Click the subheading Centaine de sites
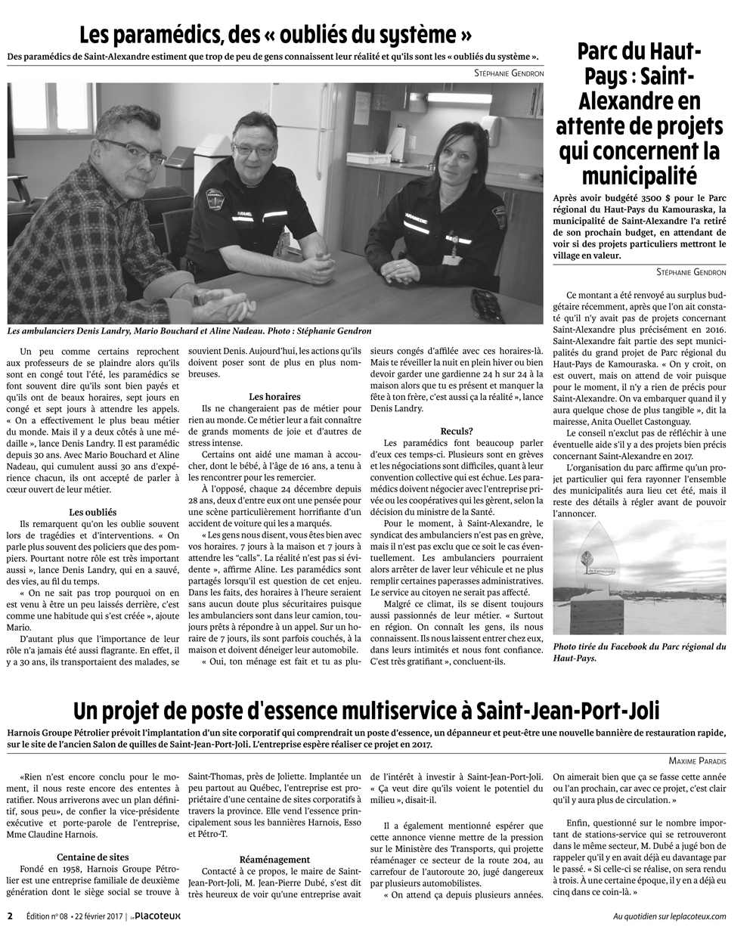coord(92,857)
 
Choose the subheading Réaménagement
coord(274,860)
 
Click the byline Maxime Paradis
coord(697,760)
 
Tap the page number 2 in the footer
coord(11,916)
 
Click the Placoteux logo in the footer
coord(156,916)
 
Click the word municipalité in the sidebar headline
coord(639,175)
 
